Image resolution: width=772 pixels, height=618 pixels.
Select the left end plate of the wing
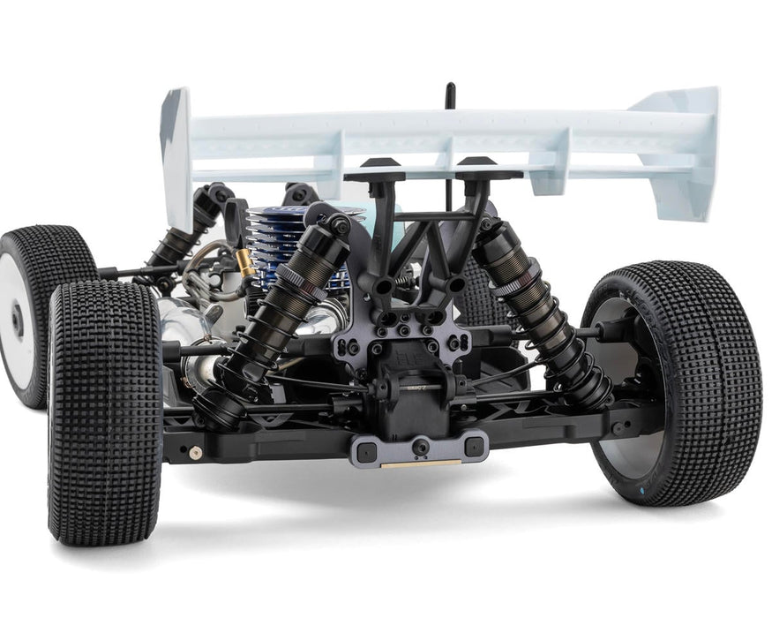point(176,150)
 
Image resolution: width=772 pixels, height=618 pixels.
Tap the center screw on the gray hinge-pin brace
point(421,448)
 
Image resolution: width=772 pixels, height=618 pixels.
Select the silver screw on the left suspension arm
point(195,452)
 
